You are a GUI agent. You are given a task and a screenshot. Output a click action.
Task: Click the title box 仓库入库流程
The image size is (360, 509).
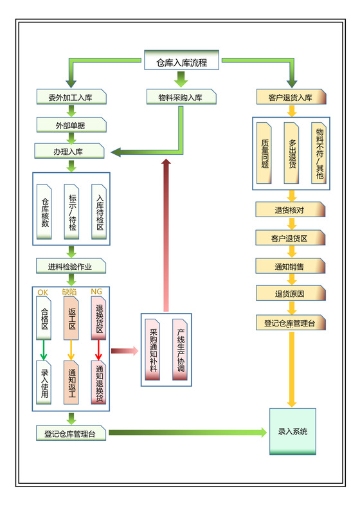[x=181, y=62]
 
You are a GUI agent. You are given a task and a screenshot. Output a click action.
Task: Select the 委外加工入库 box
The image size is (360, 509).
[x=71, y=98]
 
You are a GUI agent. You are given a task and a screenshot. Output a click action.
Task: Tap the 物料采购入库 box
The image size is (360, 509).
[x=180, y=98]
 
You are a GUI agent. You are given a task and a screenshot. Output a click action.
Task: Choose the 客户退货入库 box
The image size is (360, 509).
[x=291, y=98]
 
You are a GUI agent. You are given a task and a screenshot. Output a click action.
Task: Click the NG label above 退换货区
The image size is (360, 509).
[x=96, y=292]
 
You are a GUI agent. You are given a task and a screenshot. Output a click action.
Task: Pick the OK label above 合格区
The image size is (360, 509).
[x=43, y=292]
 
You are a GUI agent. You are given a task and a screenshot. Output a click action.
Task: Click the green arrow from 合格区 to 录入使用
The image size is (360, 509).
[x=44, y=350]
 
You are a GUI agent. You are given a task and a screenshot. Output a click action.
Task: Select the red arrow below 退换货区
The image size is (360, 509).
[x=98, y=350]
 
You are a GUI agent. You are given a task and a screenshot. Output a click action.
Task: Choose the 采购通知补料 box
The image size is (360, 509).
[x=153, y=350]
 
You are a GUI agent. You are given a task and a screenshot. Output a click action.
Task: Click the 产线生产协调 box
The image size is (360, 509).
[x=181, y=350]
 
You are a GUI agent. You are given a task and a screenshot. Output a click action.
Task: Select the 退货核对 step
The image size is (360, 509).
[x=291, y=210]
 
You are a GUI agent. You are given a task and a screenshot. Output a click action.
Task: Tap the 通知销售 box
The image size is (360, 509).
[x=291, y=265]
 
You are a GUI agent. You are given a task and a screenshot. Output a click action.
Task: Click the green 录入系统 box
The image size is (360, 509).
[x=292, y=431]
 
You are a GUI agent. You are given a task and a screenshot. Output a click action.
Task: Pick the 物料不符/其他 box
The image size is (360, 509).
[x=319, y=153]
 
